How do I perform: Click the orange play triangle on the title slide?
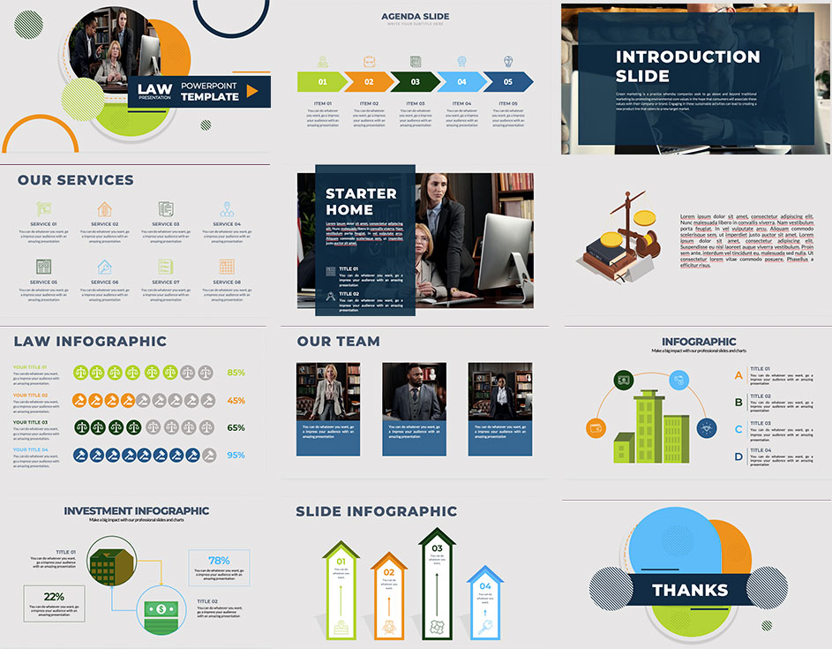click(251, 91)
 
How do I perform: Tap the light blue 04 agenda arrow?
click(461, 82)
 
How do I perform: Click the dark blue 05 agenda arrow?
click(508, 82)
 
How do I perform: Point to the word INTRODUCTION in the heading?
click(687, 57)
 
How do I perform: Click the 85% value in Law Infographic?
click(236, 373)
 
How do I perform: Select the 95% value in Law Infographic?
click(236, 456)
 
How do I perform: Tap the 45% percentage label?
click(236, 400)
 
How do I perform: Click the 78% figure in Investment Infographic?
click(219, 560)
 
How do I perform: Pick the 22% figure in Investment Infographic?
click(54, 597)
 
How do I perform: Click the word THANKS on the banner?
click(690, 591)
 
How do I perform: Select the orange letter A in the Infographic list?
click(738, 375)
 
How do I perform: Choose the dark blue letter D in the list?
click(738, 457)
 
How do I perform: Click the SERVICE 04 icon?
click(227, 209)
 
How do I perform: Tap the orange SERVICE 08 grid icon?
click(227, 266)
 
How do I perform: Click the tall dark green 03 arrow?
click(437, 583)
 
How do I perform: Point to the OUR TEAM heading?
click(338, 341)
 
